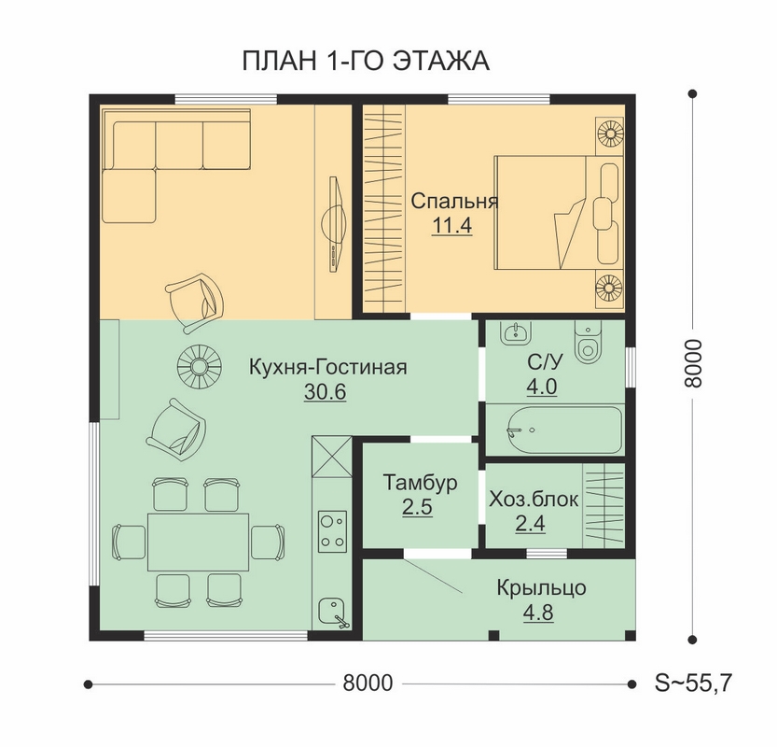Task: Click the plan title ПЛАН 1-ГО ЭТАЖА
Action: click(366, 62)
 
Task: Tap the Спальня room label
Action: click(454, 202)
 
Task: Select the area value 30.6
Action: click(325, 392)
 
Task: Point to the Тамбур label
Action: click(420, 483)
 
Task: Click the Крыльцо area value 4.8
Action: click(538, 613)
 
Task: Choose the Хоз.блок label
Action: click(534, 500)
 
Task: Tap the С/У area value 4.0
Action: click(542, 387)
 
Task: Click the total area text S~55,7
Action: click(693, 684)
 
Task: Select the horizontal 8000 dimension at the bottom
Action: click(368, 684)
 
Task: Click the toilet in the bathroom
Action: click(588, 342)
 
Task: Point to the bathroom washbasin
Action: click(515, 331)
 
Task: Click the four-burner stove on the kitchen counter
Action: click(332, 531)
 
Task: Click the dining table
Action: click(198, 543)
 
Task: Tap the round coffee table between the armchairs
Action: click(200, 367)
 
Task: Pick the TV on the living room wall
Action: click(335, 225)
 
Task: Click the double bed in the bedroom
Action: click(558, 213)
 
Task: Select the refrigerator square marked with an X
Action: click(331, 457)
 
